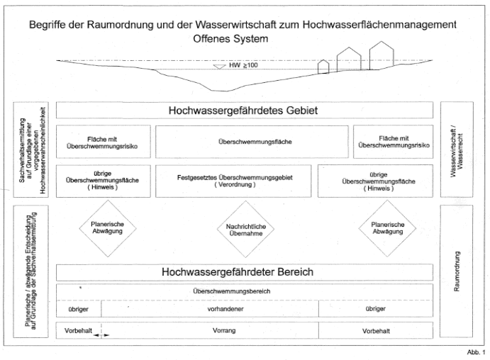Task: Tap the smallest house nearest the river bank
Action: (323, 67)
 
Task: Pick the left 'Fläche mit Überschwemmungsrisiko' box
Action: (103, 142)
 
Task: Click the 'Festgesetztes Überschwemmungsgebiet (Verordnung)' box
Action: (234, 180)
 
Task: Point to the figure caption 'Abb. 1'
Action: (477, 352)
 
